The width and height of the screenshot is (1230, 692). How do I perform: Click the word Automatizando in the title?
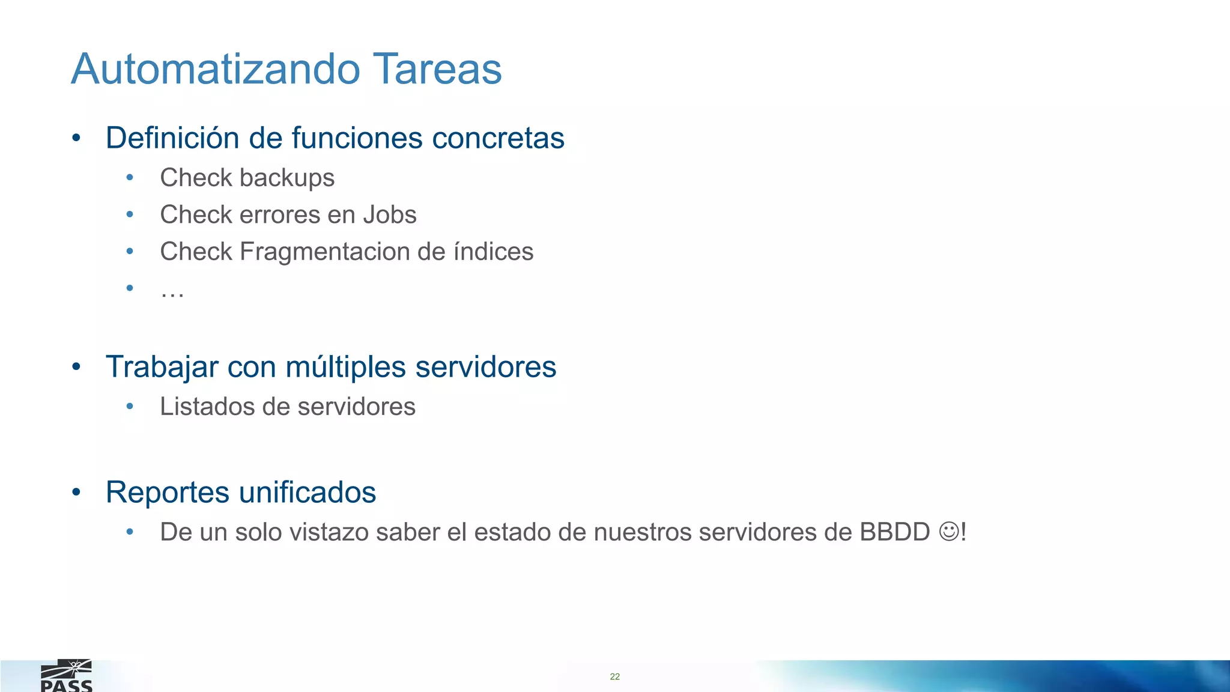216,68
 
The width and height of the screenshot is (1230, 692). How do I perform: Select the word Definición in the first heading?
172,138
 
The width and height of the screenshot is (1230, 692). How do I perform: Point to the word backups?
287,178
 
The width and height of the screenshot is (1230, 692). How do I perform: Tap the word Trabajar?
162,367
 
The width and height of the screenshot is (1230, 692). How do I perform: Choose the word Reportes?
168,493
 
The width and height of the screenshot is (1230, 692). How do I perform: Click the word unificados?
307,493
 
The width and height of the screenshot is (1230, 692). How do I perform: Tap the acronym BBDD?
894,532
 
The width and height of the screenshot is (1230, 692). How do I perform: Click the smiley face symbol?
949,532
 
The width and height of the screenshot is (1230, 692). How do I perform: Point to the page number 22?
614,676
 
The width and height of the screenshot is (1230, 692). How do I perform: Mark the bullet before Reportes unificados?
76,493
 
